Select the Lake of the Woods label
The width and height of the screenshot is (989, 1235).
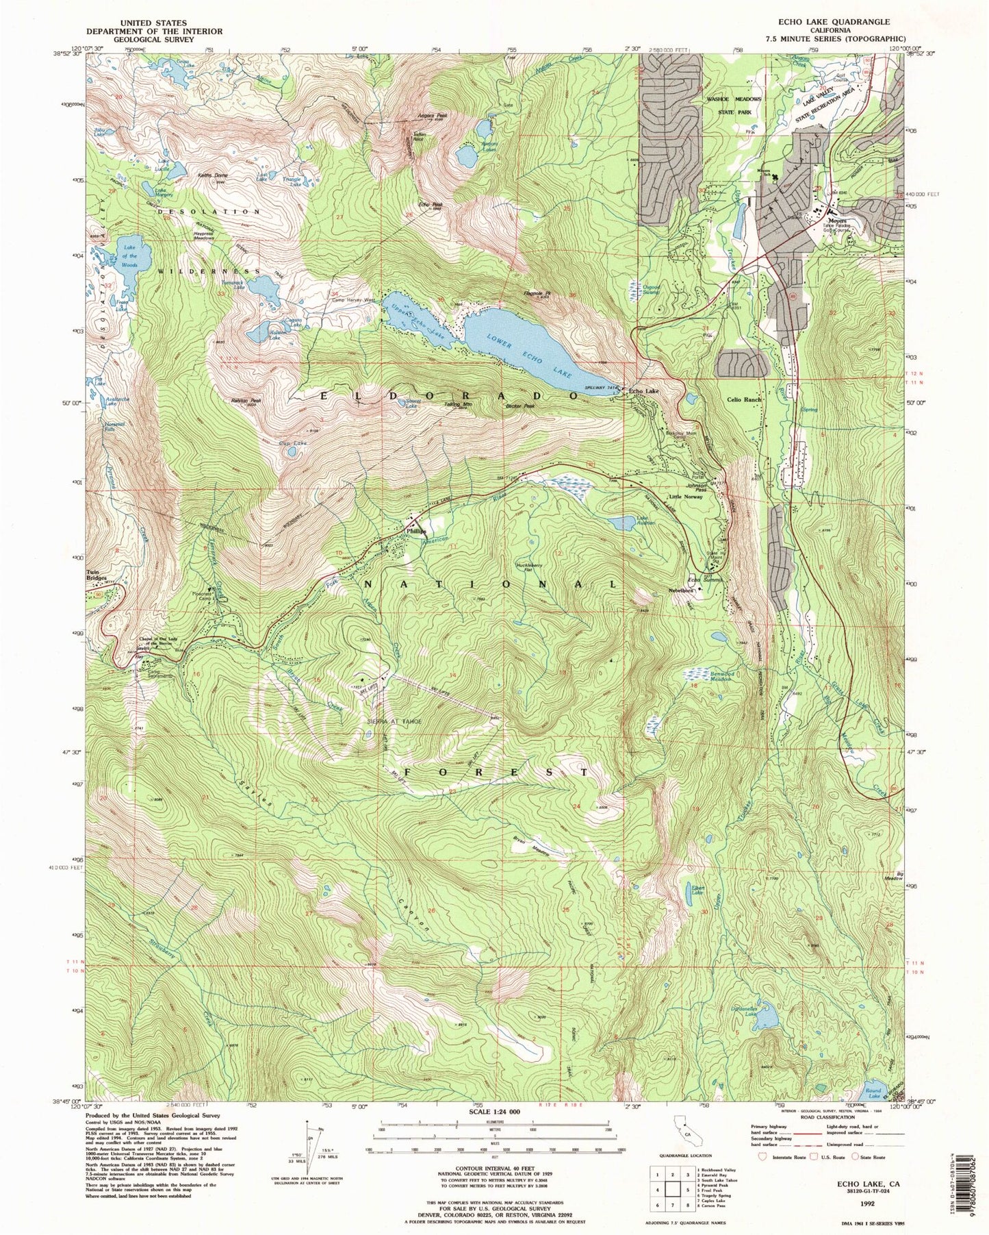pos(129,256)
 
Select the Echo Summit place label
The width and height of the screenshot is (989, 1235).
pos(704,579)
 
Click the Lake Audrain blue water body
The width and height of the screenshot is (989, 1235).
pos(623,523)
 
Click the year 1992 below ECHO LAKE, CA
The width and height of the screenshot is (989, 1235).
pos(868,1201)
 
